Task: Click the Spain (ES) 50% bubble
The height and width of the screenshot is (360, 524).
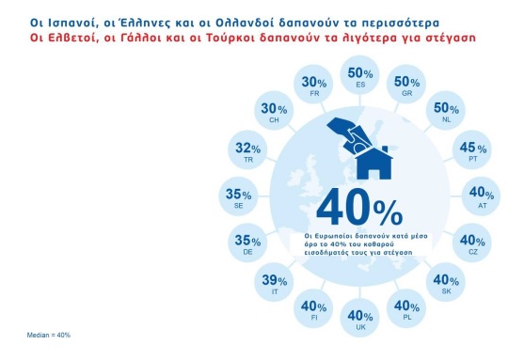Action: (x=360, y=75)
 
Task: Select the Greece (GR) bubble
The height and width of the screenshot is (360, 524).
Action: (x=406, y=84)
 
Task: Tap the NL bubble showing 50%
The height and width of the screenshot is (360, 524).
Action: (x=446, y=111)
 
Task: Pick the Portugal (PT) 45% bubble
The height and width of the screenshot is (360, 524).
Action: (x=472, y=150)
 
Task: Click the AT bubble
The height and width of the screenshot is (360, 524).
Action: (x=482, y=196)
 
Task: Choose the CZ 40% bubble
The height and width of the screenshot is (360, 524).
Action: (x=472, y=243)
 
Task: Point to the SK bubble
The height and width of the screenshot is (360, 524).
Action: (x=446, y=282)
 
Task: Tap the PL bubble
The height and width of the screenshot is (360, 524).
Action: (x=406, y=308)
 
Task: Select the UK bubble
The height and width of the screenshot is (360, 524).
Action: (x=360, y=318)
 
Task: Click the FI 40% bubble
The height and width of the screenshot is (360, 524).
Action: (x=313, y=308)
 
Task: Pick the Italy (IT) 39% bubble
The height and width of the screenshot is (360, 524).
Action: (x=274, y=282)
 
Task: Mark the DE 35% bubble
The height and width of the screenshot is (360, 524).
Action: (x=247, y=243)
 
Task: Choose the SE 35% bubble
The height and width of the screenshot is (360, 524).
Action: (x=239, y=196)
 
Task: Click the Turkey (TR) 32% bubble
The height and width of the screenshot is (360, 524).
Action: (x=247, y=150)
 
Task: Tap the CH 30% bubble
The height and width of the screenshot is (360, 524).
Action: (x=274, y=111)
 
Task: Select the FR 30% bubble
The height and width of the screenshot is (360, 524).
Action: (x=313, y=84)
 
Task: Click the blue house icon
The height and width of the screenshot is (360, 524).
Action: (x=373, y=164)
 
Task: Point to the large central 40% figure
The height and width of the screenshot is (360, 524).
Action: (x=359, y=208)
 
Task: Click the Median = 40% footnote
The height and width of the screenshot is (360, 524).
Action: (x=49, y=335)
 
